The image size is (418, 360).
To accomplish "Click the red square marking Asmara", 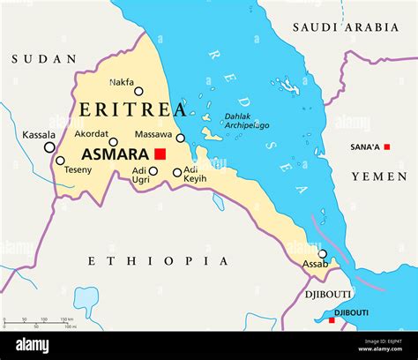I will tap(160, 154).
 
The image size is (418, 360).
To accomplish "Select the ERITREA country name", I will tap(132, 110).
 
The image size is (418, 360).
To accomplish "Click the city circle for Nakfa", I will tap(138, 91).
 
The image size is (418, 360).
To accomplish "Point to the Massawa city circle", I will tap(181, 138).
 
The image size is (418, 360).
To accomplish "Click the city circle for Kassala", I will tap(49, 147).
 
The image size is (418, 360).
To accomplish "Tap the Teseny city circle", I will tap(60, 160).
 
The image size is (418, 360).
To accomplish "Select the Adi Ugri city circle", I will tap(153, 171).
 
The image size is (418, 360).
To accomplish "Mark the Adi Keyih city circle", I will tap(177, 173).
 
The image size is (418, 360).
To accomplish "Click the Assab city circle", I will tap(323, 254).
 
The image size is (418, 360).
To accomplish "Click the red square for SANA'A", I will tap(385, 146).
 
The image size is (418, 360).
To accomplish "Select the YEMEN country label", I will tap(379, 176).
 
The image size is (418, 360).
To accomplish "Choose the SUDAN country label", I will tap(44, 59).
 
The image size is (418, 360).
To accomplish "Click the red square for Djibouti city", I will tap(332, 319).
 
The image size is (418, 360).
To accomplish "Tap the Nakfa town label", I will tap(122, 82).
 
